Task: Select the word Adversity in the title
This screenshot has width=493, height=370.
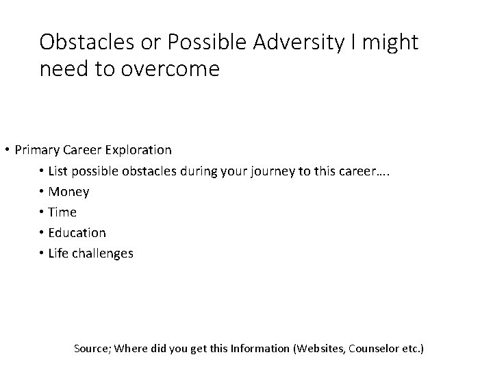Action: [298, 42]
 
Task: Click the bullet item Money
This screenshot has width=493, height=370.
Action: [68, 192]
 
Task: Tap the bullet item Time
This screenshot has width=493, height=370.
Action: [62, 212]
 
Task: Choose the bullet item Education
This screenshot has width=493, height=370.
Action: [77, 233]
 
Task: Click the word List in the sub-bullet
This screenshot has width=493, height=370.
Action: [57, 171]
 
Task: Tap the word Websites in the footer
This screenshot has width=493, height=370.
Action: [320, 349]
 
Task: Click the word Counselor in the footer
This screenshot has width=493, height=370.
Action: [375, 349]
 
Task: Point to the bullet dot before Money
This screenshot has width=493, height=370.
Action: [42, 192]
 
